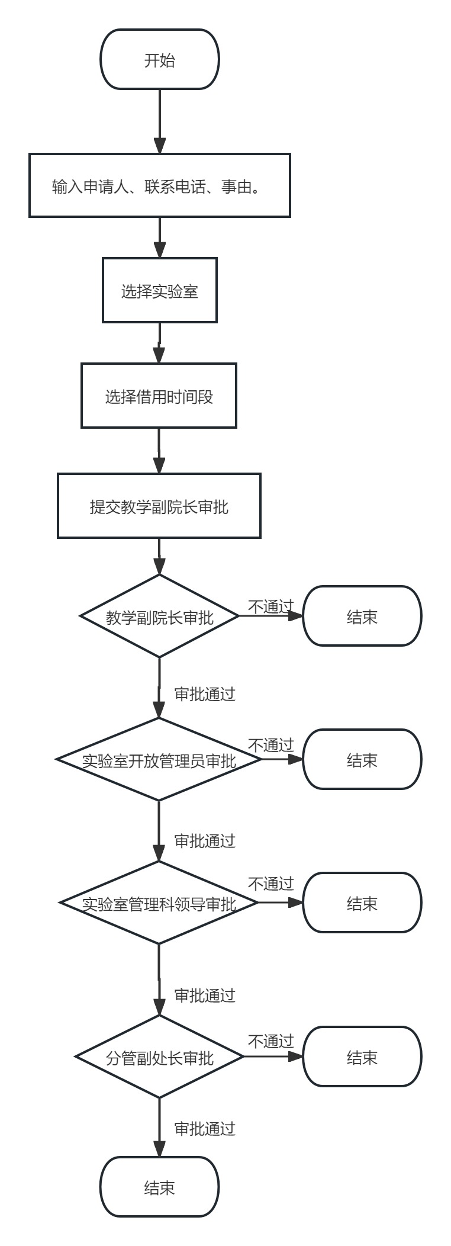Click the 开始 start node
point(160,60)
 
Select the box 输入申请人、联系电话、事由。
point(160,186)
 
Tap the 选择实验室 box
point(160,290)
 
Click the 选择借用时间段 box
point(159,396)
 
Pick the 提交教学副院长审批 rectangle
point(159,506)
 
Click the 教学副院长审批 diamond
point(159,616)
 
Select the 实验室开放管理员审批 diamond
point(159,760)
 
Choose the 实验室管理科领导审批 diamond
point(159,903)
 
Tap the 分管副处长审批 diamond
point(159,1057)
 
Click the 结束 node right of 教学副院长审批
point(362,616)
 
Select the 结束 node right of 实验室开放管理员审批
point(362,760)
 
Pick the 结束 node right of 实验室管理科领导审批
point(362,903)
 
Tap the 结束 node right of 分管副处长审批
point(362,1057)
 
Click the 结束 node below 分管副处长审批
point(160,1187)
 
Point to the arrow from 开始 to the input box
point(160,121)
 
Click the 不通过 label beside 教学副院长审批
point(270,606)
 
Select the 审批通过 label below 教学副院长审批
point(205,694)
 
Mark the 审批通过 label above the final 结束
point(205,1129)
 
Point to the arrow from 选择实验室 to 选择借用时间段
point(159,343)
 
